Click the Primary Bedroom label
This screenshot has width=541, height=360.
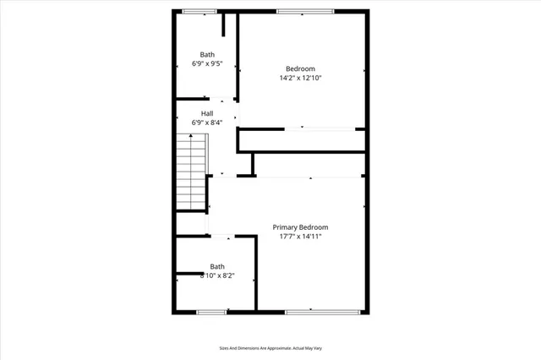click(x=300, y=227)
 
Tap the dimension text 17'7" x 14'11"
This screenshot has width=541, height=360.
click(x=300, y=237)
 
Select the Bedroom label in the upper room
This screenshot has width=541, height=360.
click(x=300, y=68)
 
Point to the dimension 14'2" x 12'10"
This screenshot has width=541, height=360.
click(x=300, y=78)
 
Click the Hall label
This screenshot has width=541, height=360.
click(x=207, y=113)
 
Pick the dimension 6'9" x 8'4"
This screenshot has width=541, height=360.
click(x=207, y=123)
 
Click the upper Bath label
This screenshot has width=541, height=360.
click(x=207, y=54)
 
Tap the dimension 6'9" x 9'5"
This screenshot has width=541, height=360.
click(x=207, y=63)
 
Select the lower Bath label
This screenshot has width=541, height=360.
click(x=217, y=266)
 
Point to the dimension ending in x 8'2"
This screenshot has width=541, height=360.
click(x=217, y=275)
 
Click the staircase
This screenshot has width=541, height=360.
click(x=192, y=172)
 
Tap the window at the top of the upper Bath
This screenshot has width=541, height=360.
click(x=199, y=11)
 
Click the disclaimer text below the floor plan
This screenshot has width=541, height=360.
click(x=270, y=347)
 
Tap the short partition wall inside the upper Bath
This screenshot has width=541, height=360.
click(x=224, y=25)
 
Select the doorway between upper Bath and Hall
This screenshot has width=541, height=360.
click(x=221, y=100)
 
